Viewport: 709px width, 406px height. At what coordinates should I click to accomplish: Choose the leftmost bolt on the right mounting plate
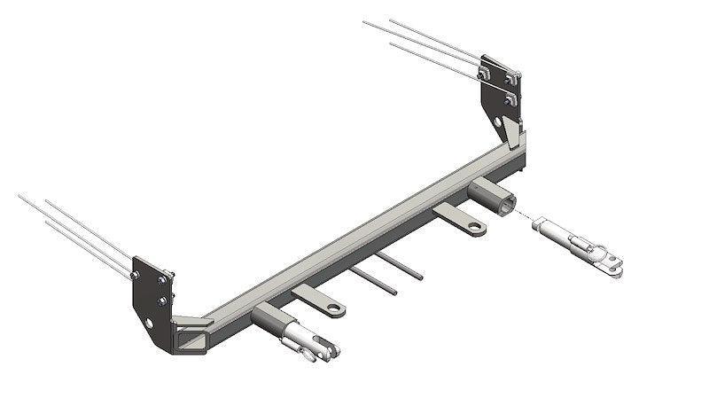pyautogui.click(x=483, y=72)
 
